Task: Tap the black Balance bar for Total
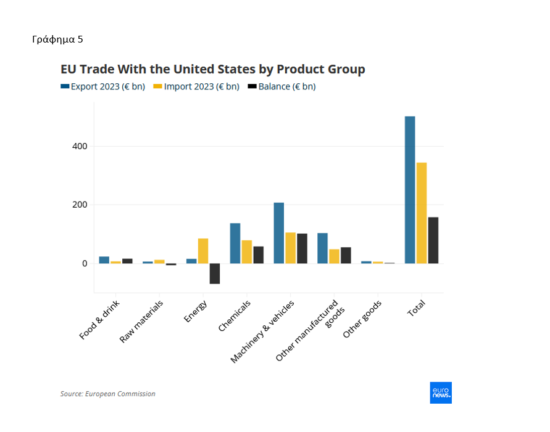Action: click(433, 240)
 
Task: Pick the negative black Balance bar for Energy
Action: click(215, 274)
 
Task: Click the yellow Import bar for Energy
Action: click(203, 251)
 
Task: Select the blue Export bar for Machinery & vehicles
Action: click(279, 233)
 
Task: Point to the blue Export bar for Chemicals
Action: click(235, 243)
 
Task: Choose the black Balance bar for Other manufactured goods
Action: click(346, 255)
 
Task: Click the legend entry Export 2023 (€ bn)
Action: click(102, 87)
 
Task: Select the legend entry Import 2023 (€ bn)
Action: click(196, 87)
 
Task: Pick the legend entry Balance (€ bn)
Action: click(281, 87)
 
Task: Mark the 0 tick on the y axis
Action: click(85, 264)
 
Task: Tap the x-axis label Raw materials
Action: click(142, 321)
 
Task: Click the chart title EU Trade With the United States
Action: click(212, 69)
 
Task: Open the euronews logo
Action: click(441, 393)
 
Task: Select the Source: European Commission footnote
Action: click(108, 394)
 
